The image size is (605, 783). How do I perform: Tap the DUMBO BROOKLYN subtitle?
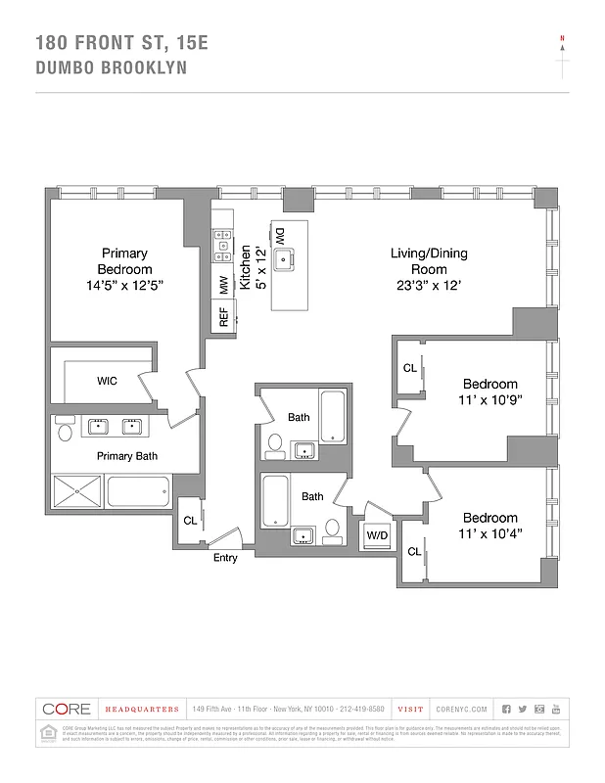[111, 69]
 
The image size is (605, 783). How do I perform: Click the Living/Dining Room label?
[429, 261]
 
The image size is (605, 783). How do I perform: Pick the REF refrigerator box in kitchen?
[223, 316]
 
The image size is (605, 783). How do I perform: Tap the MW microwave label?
[223, 285]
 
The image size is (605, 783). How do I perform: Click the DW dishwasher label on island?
[280, 235]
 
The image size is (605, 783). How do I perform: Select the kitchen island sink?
[285, 260]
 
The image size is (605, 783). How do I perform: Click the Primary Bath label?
[126, 456]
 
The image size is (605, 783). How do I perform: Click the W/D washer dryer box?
[375, 535]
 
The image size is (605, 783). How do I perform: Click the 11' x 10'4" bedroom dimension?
[489, 533]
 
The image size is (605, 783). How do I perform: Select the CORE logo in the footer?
[67, 709]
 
